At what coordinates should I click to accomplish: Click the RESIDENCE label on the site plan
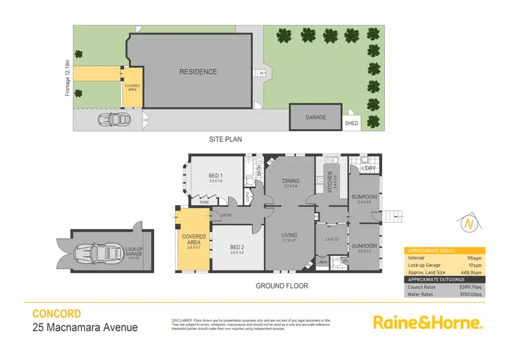point(198,72)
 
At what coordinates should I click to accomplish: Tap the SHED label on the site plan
point(352,124)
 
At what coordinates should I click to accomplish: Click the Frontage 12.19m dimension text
point(68,76)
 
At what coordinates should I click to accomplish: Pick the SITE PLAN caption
point(225,139)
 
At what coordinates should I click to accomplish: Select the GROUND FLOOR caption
point(282,286)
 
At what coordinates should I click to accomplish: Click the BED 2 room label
point(235,247)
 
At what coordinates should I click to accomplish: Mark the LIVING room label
point(290,236)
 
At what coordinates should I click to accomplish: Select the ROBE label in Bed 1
point(204,202)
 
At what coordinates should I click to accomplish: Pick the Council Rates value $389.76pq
point(468,287)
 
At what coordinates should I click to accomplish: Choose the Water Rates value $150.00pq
point(468,295)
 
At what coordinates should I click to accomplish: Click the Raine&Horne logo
point(428,322)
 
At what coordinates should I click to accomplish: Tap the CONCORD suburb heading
point(57,314)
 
